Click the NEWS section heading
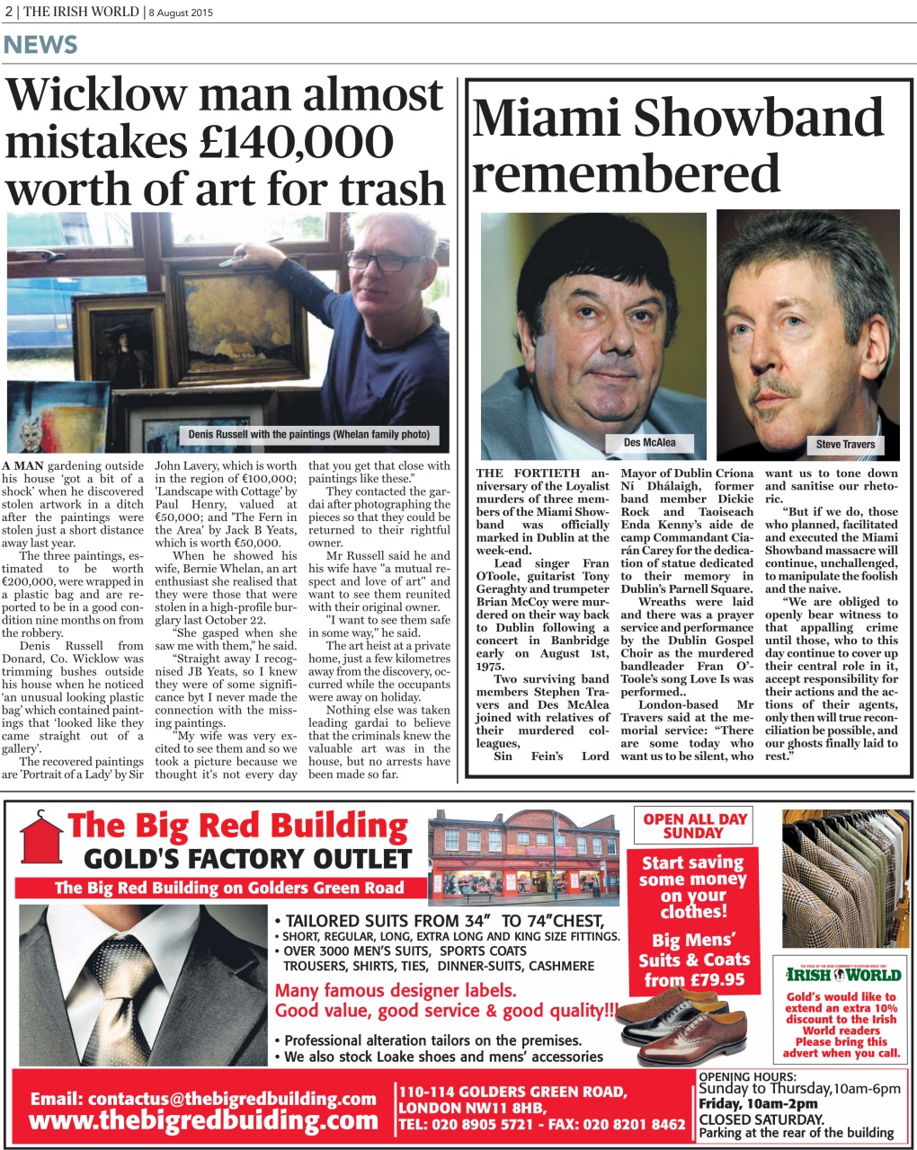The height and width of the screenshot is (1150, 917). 40,44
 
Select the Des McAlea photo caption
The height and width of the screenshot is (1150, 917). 649,442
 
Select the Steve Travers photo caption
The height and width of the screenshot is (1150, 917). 844,444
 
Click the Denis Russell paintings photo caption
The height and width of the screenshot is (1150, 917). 308,435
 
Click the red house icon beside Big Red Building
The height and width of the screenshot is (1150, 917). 38,843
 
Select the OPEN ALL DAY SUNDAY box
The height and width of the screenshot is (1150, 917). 694,826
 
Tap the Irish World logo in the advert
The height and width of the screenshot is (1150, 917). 841,975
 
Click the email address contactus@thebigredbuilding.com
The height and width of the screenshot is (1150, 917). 203,1098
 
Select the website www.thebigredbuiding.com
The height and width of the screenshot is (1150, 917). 203,1120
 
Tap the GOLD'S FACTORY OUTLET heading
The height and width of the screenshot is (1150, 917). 247,859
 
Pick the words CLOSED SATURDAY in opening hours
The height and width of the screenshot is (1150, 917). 761,1119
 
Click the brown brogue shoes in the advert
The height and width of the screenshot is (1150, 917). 692,1024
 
